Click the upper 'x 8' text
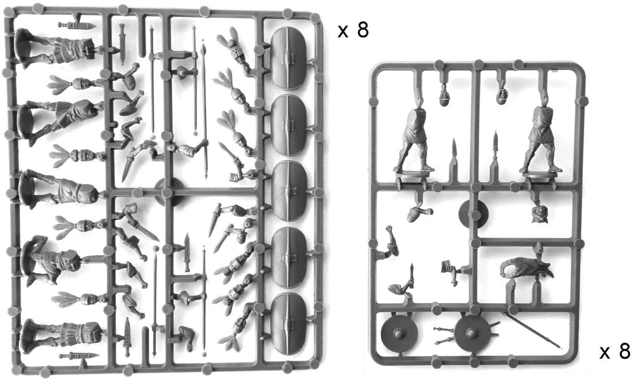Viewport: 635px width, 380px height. [353, 30]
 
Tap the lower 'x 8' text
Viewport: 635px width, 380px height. [614, 351]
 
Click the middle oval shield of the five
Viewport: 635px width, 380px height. [288, 190]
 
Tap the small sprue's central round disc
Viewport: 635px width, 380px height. [473, 214]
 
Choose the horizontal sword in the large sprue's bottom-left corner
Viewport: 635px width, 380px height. [79, 356]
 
